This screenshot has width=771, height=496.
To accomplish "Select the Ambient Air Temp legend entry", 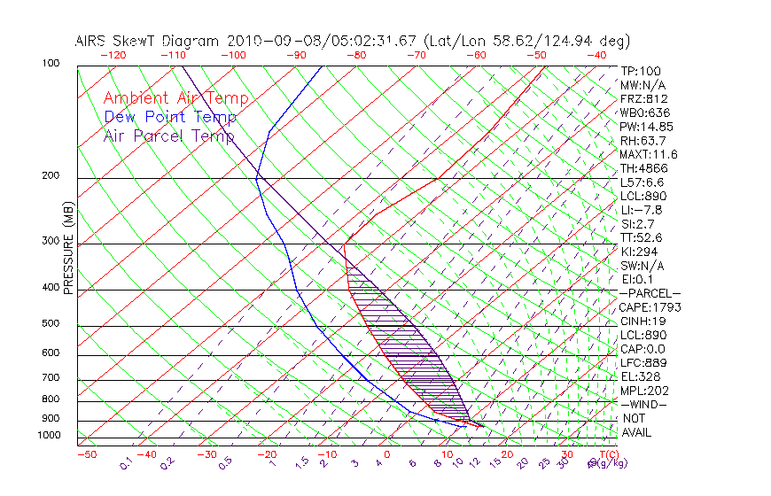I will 176,98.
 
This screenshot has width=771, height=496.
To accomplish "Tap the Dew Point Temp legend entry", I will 170,117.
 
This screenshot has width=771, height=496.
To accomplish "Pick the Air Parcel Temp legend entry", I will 169,136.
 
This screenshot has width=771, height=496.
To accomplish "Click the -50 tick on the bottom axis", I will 86,454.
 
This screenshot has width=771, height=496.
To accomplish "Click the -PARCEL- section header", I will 650,293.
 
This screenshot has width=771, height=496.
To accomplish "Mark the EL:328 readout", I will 640,376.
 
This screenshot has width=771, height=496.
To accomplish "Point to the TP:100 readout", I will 640,71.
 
